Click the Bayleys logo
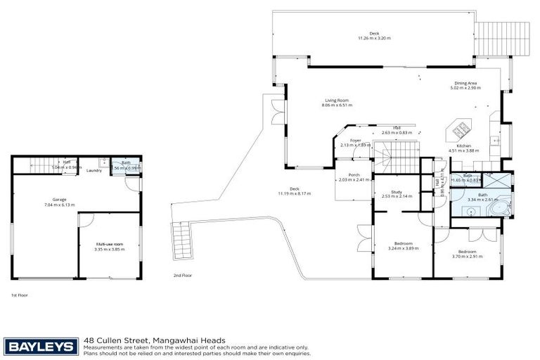click(41, 345)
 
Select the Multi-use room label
click(109, 244)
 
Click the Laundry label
click(94, 170)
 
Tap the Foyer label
click(355, 140)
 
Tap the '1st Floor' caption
click(20, 295)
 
